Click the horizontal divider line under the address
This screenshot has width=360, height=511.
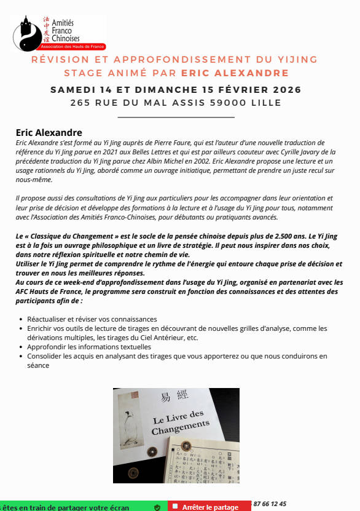click(176, 116)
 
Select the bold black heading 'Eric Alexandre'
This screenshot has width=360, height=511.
click(49, 132)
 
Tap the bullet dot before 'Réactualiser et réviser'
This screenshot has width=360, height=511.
click(22, 320)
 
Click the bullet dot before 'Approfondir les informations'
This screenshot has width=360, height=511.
click(22, 347)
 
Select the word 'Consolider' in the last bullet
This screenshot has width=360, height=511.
click(45, 356)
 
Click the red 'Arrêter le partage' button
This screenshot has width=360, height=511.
click(210, 507)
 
